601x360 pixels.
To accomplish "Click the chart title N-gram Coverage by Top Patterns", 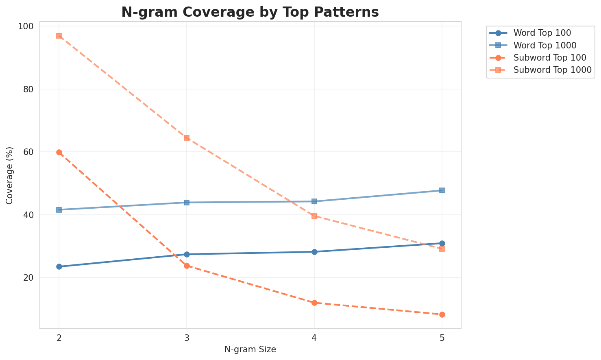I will click(x=250, y=12).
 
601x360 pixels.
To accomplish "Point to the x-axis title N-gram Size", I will click(x=250, y=349).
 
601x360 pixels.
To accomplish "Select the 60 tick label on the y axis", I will click(x=28, y=152).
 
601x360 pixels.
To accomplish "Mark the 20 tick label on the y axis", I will click(x=28, y=277).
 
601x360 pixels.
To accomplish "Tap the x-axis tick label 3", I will click(x=187, y=338).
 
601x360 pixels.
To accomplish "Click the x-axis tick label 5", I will click(x=442, y=338).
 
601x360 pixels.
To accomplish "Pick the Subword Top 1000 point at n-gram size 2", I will click(x=59, y=36).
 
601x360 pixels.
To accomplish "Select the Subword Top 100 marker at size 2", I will click(x=59, y=152).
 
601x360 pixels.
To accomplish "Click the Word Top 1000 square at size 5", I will click(x=442, y=190).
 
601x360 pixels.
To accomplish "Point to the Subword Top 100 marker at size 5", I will click(x=442, y=314).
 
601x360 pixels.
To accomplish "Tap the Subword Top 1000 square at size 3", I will click(x=187, y=138).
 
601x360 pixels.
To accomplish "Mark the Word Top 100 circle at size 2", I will click(x=59, y=267).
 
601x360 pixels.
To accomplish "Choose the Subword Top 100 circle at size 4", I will click(x=314, y=303).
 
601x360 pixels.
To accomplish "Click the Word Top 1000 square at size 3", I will click(x=187, y=203).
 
